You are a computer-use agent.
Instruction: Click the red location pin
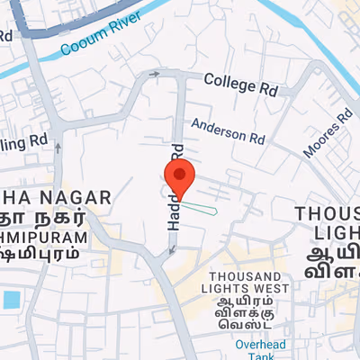pyautogui.click(x=179, y=177)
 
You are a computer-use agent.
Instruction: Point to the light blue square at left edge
pyautogui.click(x=11, y=299)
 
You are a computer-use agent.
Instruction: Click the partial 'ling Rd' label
pyautogui.click(x=24, y=141)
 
